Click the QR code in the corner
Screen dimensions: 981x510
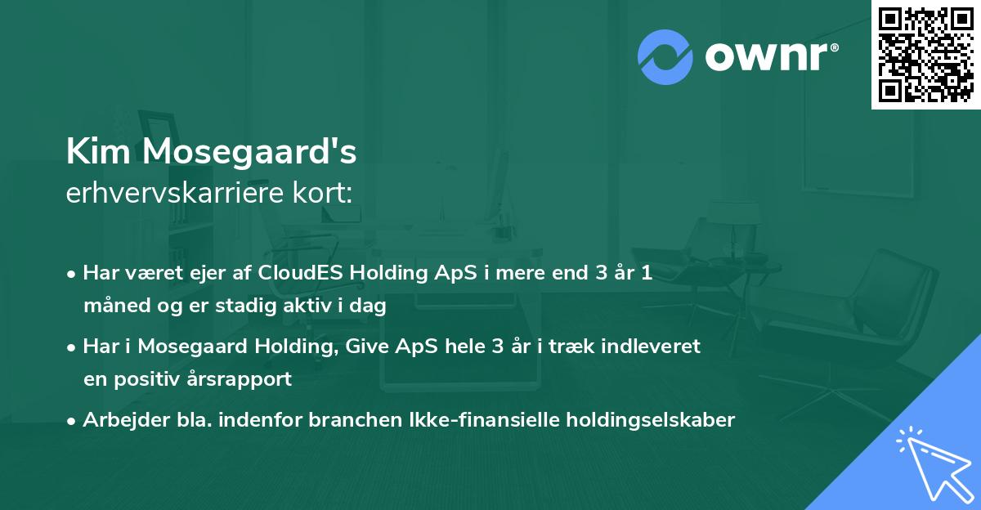coord(925,55)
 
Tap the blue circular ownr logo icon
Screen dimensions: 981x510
coord(665,57)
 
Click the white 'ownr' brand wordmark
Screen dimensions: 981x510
coord(766,57)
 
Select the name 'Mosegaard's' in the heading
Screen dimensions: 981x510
coord(249,152)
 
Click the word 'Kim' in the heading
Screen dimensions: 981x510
coord(98,151)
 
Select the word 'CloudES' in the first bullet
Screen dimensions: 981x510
coord(300,272)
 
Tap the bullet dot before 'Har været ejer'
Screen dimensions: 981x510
coord(71,275)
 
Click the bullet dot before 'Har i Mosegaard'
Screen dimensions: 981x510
coord(71,348)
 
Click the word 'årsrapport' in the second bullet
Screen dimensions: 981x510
coord(239,379)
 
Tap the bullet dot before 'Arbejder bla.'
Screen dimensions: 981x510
coord(71,422)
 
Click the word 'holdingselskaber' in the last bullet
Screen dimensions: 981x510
coord(651,421)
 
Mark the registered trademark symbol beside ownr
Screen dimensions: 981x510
coord(834,47)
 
